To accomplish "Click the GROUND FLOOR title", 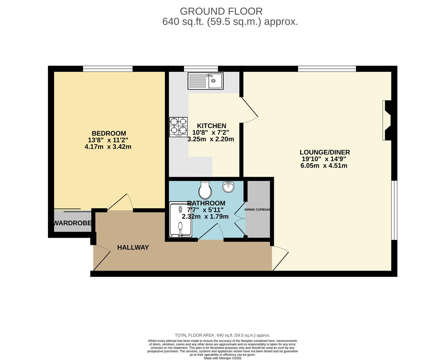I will click(x=221, y=11).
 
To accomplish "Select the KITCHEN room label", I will click(x=211, y=126).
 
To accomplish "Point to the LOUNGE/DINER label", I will click(x=325, y=152).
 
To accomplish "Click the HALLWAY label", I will click(x=133, y=247).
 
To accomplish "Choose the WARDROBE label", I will click(x=73, y=223).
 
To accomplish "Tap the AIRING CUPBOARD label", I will click(x=258, y=210).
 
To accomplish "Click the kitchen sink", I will click(x=205, y=81).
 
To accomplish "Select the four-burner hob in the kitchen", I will click(x=178, y=127).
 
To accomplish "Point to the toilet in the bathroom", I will click(x=205, y=190).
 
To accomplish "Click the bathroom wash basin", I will click(x=229, y=187).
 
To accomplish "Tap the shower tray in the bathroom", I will click(x=180, y=220).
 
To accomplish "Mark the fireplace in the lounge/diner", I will click(x=388, y=120).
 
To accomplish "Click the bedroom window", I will click(x=108, y=69).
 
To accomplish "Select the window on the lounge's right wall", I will click(x=394, y=210).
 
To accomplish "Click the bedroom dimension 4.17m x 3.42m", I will click(x=108, y=147).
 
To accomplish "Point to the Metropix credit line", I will click(x=222, y=358).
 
